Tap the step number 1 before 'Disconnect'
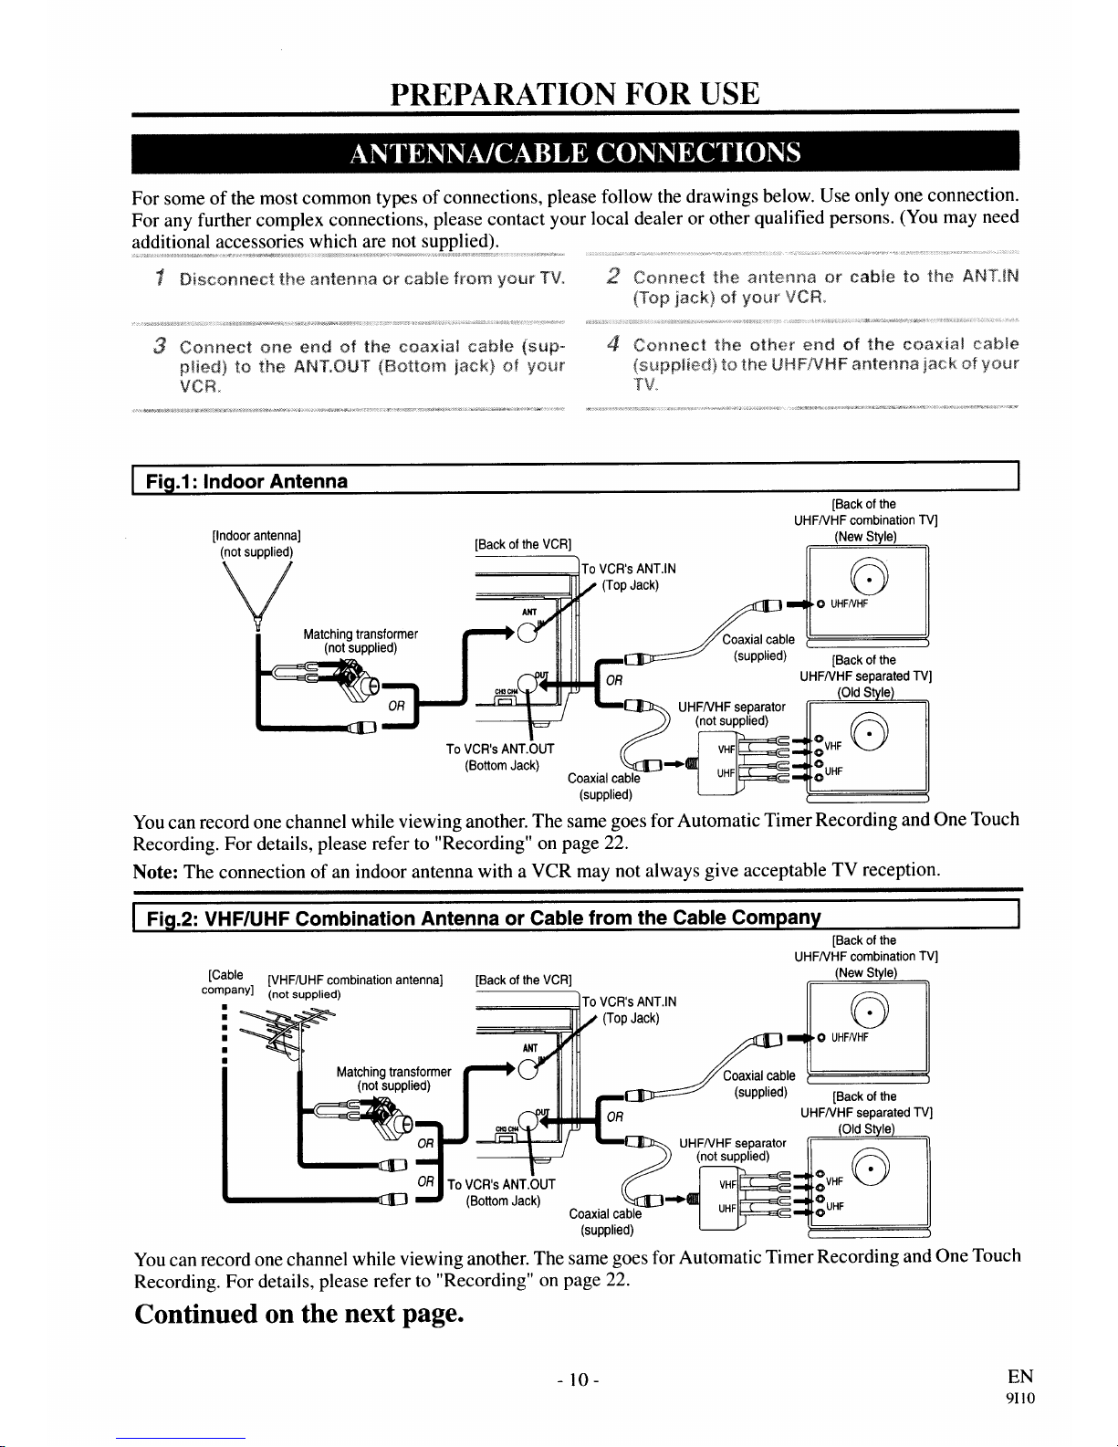[159, 278]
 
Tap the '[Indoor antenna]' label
[256, 535]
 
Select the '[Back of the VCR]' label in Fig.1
[523, 545]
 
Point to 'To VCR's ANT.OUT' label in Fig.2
[500, 1184]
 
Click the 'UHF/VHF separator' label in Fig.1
[732, 708]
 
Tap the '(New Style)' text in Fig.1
[866, 536]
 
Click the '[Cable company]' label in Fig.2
[225, 982]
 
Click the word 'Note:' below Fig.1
[156, 870]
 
